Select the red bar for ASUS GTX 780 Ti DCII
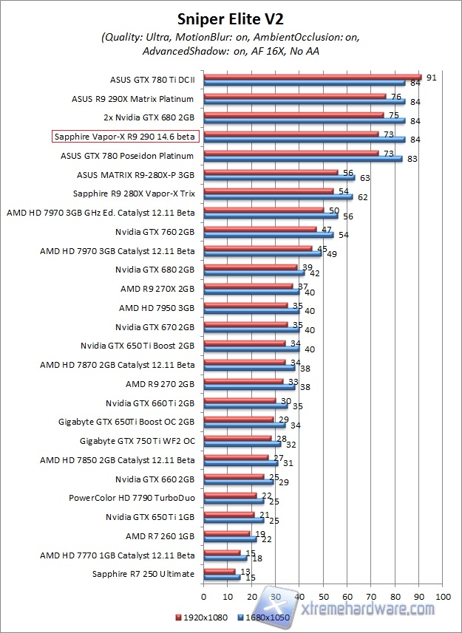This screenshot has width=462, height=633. pyautogui.click(x=312, y=77)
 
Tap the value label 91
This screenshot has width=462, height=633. pyautogui.click(x=432, y=76)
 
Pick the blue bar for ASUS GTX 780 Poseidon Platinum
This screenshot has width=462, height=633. pyautogui.click(x=302, y=159)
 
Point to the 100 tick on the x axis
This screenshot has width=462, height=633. pyautogui.click(x=443, y=595)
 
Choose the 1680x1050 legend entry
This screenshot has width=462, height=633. pyautogui.click(x=265, y=615)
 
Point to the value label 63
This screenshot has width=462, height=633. pyautogui.click(x=364, y=178)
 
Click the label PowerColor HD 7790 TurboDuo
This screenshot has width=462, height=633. pyautogui.click(x=132, y=497)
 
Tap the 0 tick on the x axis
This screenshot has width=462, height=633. pyautogui.click(x=203, y=595)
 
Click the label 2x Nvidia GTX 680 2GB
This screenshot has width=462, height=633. pyautogui.click(x=149, y=117)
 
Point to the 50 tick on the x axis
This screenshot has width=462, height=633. pyautogui.click(x=323, y=595)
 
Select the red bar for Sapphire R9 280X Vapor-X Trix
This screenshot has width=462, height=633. pyautogui.click(x=268, y=191)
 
